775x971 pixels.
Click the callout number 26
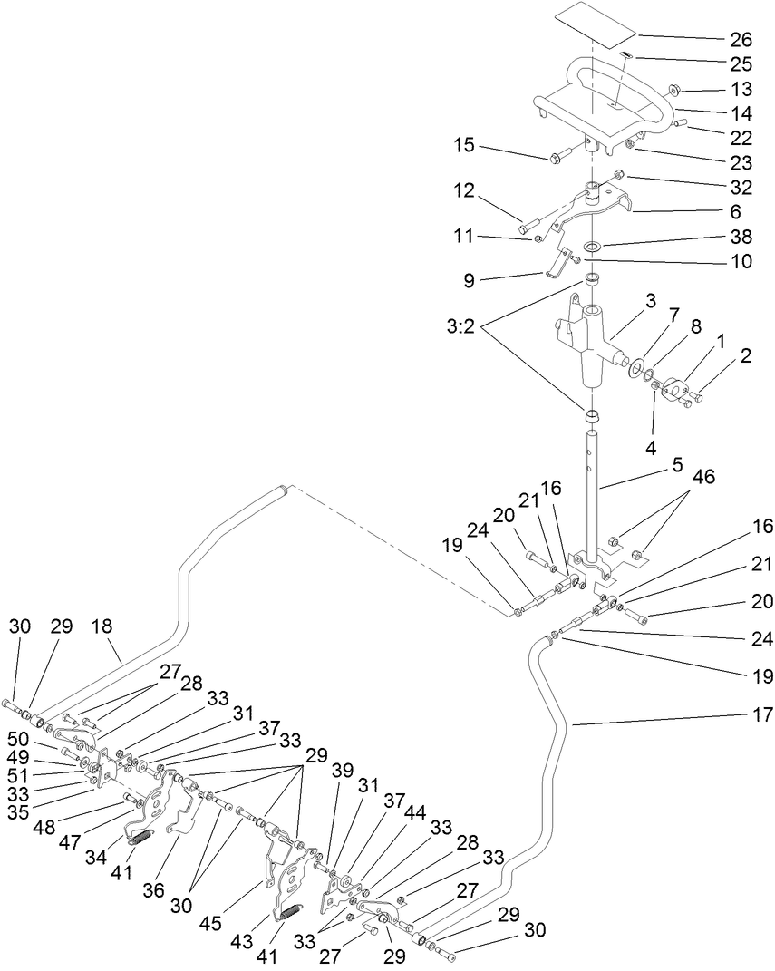pos(741,40)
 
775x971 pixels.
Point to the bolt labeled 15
pos(555,158)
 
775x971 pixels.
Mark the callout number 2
pos(745,357)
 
